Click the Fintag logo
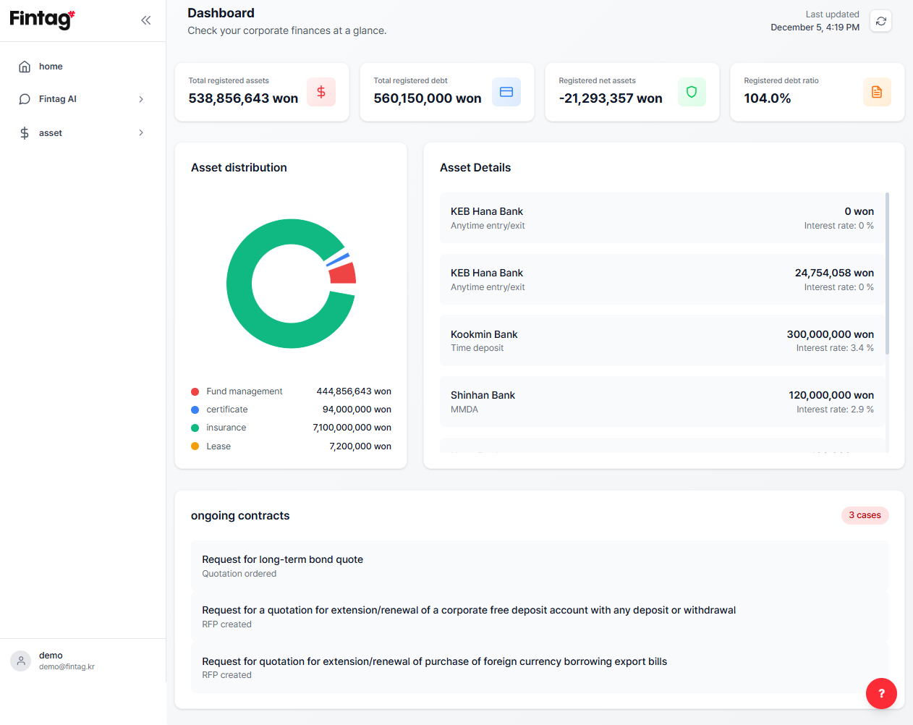42,20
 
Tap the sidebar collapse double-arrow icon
146,20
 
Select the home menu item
51,67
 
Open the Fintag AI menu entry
58,99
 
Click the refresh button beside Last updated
880,21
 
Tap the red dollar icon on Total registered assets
321,92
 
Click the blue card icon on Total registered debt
506,92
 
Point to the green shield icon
692,92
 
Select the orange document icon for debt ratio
877,92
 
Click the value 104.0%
767,98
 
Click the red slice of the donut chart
343,274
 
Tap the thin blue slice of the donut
338,259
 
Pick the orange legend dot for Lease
195,446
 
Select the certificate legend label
227,410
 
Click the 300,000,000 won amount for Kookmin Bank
831,334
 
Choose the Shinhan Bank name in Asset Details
483,395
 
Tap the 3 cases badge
865,515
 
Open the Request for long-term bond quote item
283,559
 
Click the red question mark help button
881,694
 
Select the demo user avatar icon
21,661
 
